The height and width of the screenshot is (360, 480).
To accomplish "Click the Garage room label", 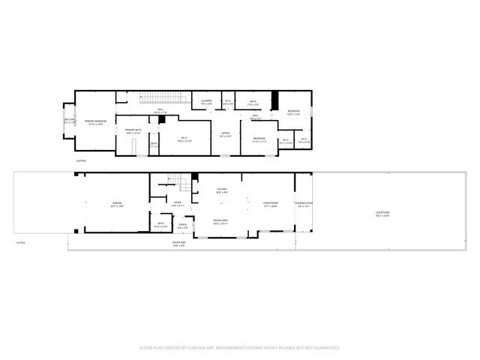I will point(118,204).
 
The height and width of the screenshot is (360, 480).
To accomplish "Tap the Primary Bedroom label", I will point(95,122).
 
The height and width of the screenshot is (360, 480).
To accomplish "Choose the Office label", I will point(225,135).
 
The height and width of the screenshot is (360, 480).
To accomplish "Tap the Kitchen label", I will point(222,190).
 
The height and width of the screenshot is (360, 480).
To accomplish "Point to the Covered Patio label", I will point(304,203).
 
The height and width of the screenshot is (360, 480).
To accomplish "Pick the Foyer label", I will point(178,203).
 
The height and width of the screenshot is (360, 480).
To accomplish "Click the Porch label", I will point(182,224).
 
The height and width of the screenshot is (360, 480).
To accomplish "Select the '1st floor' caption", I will point(21,242).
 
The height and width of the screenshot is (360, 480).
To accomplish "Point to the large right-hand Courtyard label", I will point(382,214).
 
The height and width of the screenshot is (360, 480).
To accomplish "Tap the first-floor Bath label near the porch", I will point(160,223).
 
